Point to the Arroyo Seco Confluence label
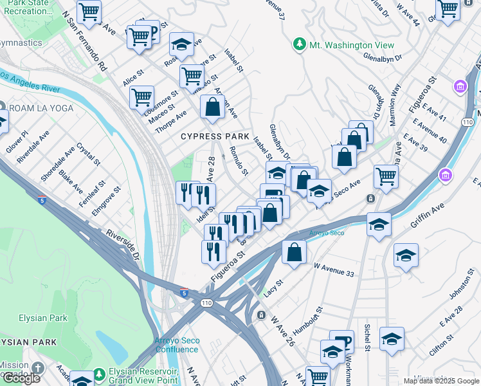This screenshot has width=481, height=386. click(176, 345)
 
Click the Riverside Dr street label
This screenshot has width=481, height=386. click(123, 245)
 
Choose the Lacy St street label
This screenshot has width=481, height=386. click(273, 288)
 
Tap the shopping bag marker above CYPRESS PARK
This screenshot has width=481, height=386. click(212, 107)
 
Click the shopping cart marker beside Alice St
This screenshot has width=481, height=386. click(141, 98)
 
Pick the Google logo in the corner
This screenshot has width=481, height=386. click(22, 378)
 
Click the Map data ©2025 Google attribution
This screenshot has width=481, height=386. click(441, 381)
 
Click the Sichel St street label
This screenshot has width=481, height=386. click(367, 334)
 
